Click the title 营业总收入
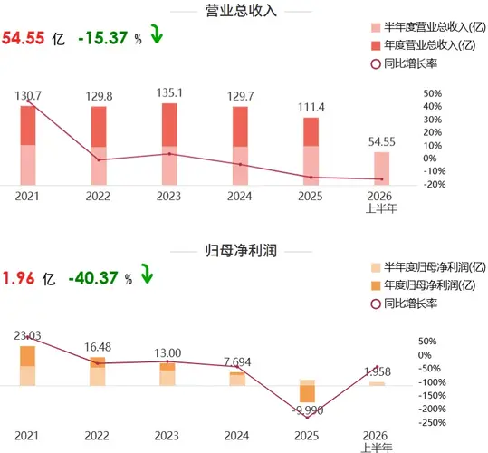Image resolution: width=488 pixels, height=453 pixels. click(x=241, y=10)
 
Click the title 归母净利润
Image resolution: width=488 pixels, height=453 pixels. click(x=241, y=251)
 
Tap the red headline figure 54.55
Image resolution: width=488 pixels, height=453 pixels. click(x=24, y=38)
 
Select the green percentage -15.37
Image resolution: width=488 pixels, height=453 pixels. click(x=103, y=38)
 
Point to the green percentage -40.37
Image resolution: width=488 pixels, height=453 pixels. click(x=93, y=278)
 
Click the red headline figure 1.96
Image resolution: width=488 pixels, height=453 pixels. click(x=18, y=278)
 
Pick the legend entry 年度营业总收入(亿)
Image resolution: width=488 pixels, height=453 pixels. click(x=424, y=45)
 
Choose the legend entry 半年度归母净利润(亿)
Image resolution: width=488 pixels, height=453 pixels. click(x=428, y=267)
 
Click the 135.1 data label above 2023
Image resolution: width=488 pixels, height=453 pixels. click(x=169, y=92)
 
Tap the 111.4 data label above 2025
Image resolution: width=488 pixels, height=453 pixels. click(x=311, y=108)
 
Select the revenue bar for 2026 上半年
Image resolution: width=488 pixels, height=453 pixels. click(x=381, y=169)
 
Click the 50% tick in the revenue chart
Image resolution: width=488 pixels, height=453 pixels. click(x=432, y=93)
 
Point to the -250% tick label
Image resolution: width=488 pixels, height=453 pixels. click(x=432, y=422)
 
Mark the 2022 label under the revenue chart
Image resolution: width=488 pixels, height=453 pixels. click(x=98, y=196)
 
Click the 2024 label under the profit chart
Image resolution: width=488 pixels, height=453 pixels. click(x=236, y=436)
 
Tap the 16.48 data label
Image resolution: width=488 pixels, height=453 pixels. click(x=98, y=347)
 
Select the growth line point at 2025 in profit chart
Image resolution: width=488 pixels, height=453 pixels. click(x=307, y=418)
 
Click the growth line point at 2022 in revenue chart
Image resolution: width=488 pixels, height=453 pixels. click(x=99, y=160)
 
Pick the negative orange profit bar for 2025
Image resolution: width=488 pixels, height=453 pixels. click(x=307, y=394)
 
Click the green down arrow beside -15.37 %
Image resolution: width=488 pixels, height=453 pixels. click(x=157, y=34)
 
